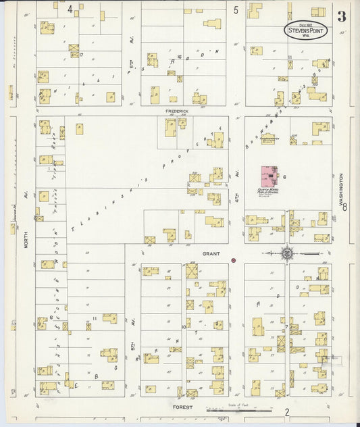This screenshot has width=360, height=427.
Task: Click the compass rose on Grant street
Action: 287,253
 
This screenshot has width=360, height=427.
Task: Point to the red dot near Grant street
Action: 233,260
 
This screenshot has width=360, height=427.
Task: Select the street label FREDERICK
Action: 179,110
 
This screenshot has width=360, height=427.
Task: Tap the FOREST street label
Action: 183,407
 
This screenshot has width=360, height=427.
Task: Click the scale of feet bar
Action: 239,409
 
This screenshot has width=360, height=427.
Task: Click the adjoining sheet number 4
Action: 70,9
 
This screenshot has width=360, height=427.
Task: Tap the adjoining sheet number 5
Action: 236,10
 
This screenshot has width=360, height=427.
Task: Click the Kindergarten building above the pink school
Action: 294,140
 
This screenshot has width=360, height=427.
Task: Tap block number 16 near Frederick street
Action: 179,57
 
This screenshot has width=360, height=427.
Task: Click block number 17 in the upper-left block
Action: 80,54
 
